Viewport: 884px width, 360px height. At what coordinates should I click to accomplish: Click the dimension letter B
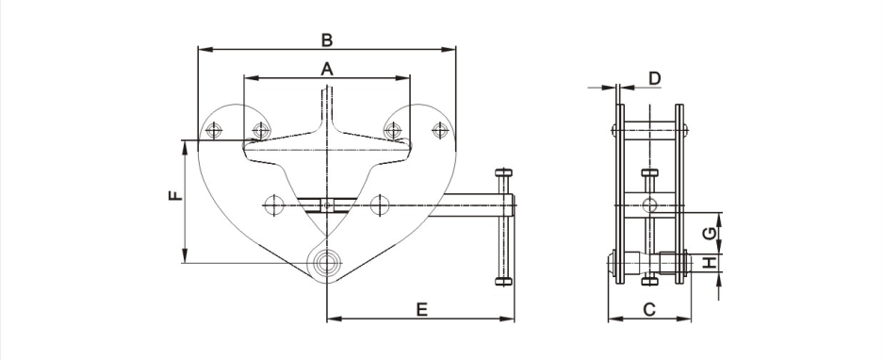(x=327, y=41)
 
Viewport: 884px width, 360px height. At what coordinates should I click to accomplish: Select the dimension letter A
(x=327, y=70)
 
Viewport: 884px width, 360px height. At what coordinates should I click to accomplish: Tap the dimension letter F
(x=176, y=195)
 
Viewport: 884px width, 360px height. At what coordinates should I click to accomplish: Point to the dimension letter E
(x=421, y=309)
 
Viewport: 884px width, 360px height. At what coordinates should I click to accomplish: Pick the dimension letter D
(x=654, y=78)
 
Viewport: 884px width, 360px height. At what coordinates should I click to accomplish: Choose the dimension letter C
(x=649, y=309)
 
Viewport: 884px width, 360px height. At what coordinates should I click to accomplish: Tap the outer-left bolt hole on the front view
(x=214, y=131)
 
